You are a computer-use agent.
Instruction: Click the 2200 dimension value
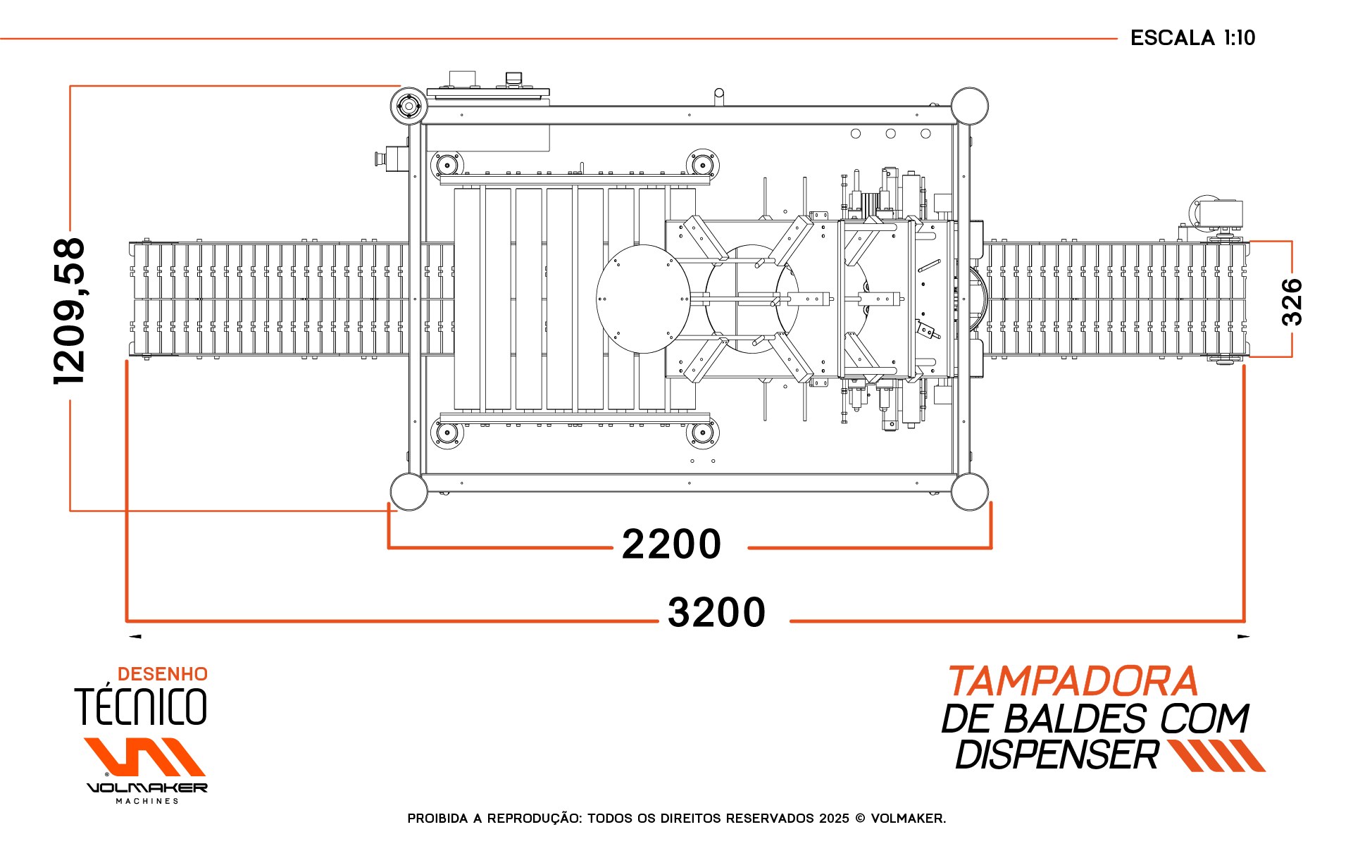(x=671, y=545)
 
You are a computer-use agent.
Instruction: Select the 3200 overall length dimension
(x=716, y=612)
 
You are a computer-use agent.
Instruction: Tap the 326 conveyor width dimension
(x=1292, y=301)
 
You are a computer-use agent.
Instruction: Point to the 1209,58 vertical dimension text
(x=69, y=311)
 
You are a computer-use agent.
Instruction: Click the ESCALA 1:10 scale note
(x=1192, y=38)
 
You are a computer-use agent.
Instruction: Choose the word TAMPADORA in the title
(x=1073, y=682)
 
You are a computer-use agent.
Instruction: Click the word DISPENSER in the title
(x=1056, y=755)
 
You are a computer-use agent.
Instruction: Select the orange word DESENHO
(x=162, y=674)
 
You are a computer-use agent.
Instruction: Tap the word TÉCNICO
(x=141, y=707)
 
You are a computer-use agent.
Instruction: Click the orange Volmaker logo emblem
(x=144, y=757)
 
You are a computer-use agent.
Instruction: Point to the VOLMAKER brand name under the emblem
(x=146, y=788)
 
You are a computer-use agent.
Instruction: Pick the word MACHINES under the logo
(x=147, y=801)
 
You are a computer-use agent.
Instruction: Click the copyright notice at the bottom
(x=676, y=819)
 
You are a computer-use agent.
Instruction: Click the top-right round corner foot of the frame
(x=969, y=106)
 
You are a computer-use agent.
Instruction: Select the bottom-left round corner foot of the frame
(x=409, y=491)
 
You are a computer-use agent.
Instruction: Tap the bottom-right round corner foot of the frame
(x=969, y=491)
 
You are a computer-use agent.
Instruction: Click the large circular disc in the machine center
(x=643, y=299)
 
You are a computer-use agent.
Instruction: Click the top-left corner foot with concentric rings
(x=409, y=106)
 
